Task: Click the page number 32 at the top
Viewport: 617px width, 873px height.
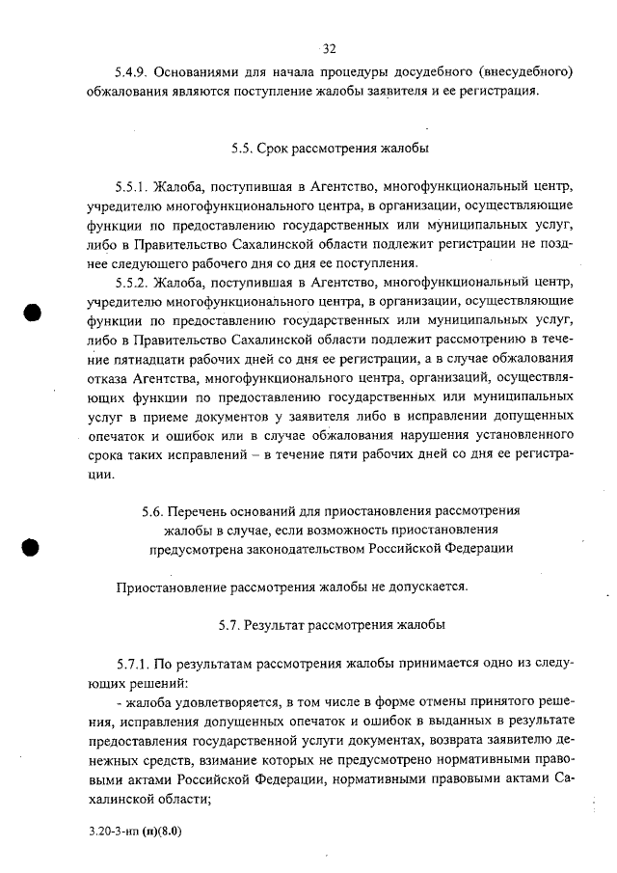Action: point(329,48)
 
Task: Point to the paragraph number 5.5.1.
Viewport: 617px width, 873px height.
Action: point(132,186)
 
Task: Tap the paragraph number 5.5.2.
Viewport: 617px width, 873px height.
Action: point(132,282)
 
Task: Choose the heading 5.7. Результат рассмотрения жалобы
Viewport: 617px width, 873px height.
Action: point(330,624)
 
